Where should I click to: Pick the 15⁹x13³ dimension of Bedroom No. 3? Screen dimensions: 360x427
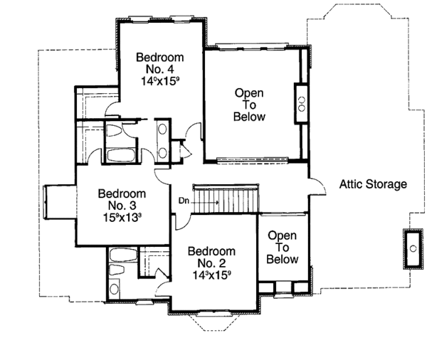click(x=122, y=218)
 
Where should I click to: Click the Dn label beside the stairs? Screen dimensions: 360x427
click(x=184, y=201)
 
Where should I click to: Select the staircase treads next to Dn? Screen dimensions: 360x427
click(x=227, y=198)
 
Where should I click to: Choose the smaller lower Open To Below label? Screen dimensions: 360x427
click(x=282, y=248)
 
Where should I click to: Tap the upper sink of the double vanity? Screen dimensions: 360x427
click(x=162, y=130)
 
